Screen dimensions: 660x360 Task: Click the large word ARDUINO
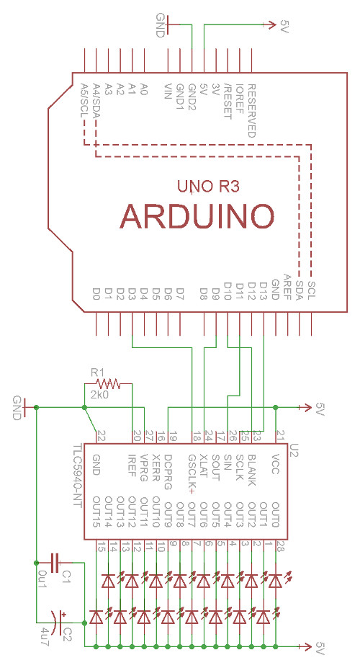(197, 215)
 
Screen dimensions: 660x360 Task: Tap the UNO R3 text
(208, 187)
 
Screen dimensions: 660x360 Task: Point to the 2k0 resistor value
(100, 396)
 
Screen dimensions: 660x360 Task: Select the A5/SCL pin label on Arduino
(85, 100)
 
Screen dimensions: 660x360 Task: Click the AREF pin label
(287, 287)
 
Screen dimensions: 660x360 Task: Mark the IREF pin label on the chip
(132, 465)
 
